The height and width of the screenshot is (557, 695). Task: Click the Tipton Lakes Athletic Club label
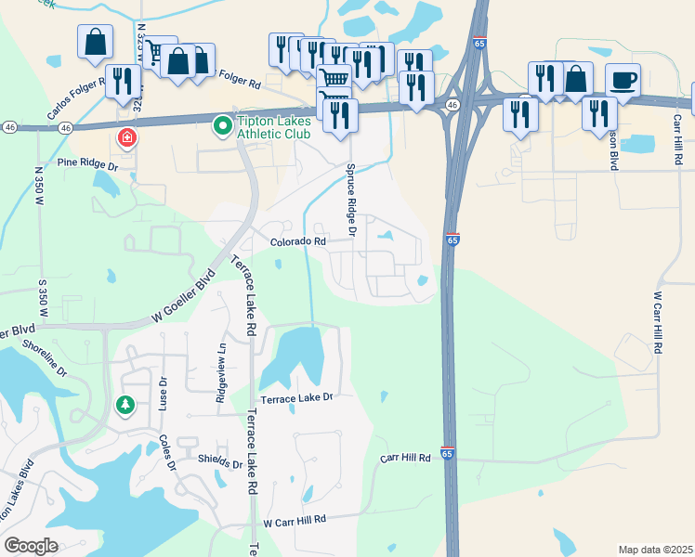coord(274,130)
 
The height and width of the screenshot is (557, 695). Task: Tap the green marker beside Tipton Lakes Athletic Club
coord(222,124)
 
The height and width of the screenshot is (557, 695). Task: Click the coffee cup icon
coord(623,79)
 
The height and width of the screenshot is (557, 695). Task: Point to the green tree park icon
coord(125,405)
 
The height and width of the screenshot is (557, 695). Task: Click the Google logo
coord(31,545)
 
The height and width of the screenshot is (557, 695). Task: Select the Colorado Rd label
coord(298,241)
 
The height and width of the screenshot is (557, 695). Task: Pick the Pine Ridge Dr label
coord(88,163)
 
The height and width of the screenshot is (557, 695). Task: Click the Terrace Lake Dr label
coord(295,397)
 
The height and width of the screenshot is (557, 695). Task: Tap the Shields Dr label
coord(219,465)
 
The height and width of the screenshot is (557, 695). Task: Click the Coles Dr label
coord(167,452)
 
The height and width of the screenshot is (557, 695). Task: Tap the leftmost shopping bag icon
coord(95,42)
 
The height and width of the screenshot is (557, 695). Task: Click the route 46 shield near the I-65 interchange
coord(451,106)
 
